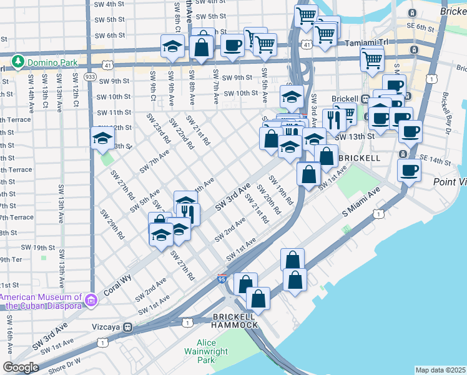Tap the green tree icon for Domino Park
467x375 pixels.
pos(19,62)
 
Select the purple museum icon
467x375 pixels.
pos(91,301)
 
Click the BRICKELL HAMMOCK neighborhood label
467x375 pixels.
pos(234,321)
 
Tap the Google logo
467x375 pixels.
pos(21,367)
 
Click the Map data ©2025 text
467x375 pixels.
pos(440,370)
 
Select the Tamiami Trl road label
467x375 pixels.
pos(366,42)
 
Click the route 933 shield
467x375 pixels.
pos(90,76)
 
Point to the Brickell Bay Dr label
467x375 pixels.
pos(446,107)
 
